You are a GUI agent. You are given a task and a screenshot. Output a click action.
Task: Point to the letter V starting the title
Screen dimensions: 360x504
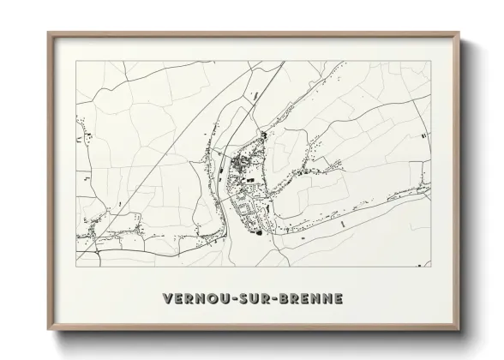coord(166,299)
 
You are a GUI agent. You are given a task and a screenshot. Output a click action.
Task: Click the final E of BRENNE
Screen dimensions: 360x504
coord(339,299)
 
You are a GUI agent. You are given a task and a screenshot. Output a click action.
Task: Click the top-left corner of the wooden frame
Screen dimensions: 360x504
coord(47,33)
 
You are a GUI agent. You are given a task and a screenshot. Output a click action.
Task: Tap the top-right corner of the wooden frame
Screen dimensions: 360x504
coord(460,33)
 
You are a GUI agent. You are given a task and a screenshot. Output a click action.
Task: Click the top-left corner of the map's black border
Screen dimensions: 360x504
coord(76,63)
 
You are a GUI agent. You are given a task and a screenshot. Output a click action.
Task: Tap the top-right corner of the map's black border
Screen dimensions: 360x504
coord(430,63)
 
